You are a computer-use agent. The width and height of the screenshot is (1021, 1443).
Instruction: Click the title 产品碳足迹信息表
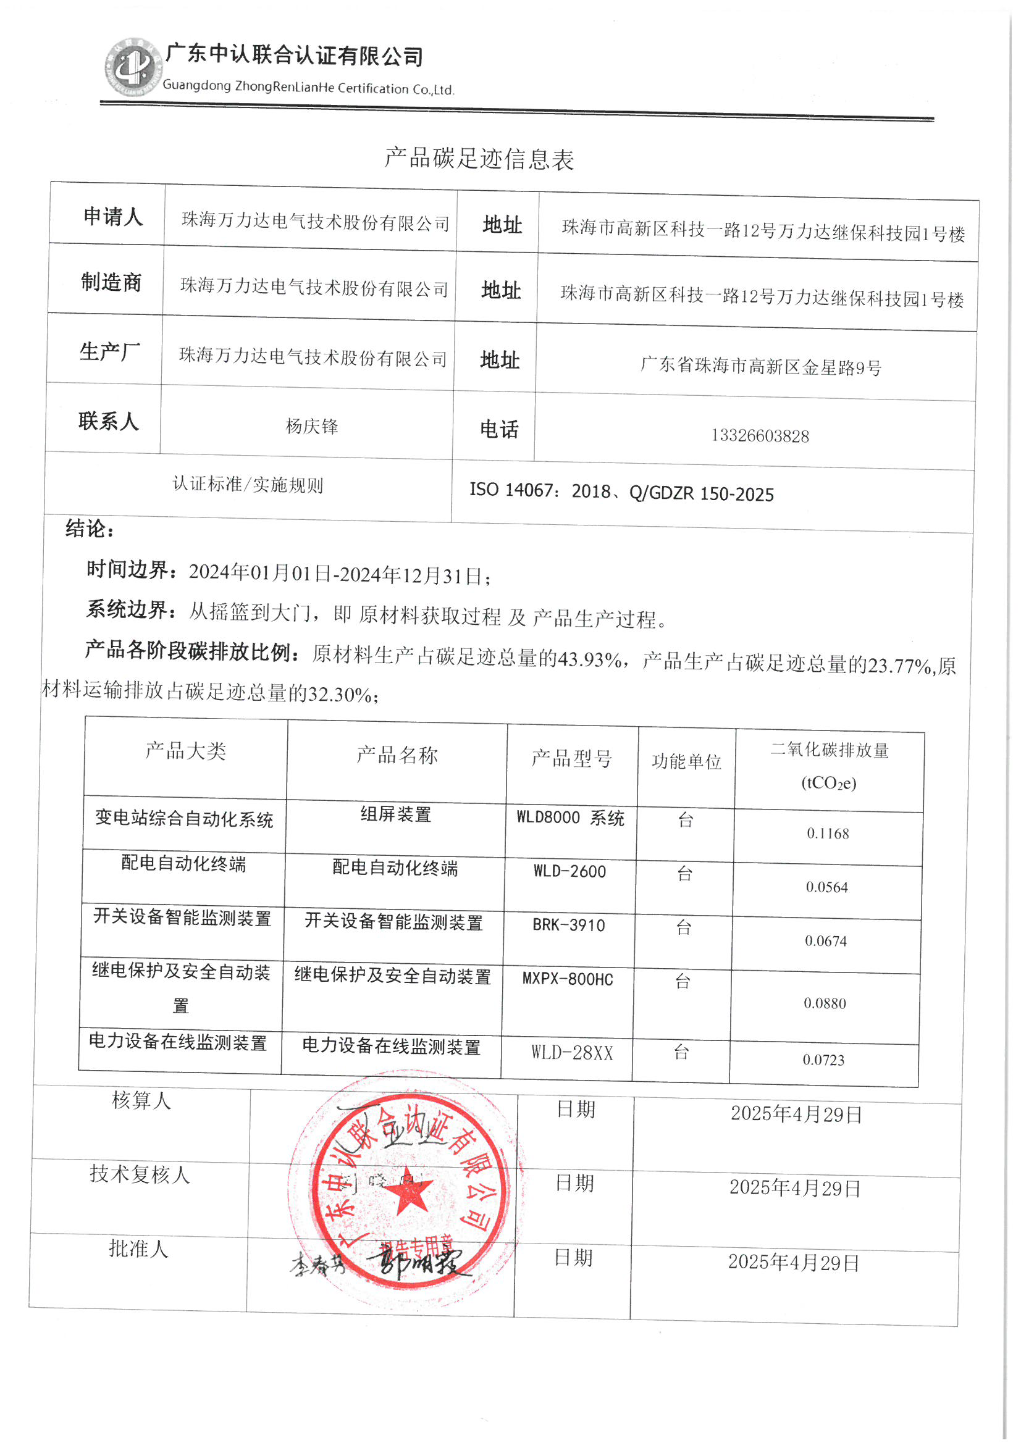(479, 158)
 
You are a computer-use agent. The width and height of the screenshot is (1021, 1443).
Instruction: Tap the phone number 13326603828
(760, 435)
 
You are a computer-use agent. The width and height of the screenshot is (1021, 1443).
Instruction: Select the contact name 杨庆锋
(312, 427)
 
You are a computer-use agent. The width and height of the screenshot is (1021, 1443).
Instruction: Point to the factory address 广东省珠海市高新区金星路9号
(760, 366)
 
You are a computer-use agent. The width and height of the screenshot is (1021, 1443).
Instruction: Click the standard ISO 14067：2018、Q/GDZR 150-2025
(621, 492)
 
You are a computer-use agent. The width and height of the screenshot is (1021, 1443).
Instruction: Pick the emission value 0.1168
(828, 834)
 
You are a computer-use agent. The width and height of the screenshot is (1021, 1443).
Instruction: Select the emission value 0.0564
(826, 887)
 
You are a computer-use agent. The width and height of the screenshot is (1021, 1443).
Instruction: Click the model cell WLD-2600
(569, 872)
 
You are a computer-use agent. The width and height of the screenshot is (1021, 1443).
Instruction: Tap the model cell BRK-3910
(568, 925)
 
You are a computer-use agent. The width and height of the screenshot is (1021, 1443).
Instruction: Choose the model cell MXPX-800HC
(567, 979)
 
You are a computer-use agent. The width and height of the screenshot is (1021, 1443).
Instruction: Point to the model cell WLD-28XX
(571, 1053)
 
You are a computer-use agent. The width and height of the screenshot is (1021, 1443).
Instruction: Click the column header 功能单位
(686, 762)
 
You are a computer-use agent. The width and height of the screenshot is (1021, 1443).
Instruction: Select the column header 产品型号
(571, 759)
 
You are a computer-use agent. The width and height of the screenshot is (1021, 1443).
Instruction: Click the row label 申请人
(113, 217)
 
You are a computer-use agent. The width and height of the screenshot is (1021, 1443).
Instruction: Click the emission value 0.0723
(823, 1060)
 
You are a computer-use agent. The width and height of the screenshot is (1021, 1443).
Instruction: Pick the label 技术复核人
(140, 1174)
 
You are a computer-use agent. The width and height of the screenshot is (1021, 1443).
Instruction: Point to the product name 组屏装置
(395, 814)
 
